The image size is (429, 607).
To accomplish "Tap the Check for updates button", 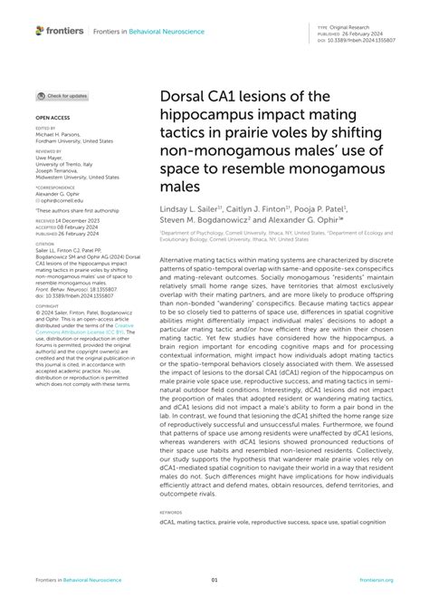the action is tap(62, 95).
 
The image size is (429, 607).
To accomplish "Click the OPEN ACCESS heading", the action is tap(51, 118).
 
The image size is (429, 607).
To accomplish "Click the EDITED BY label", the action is tap(46, 130).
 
